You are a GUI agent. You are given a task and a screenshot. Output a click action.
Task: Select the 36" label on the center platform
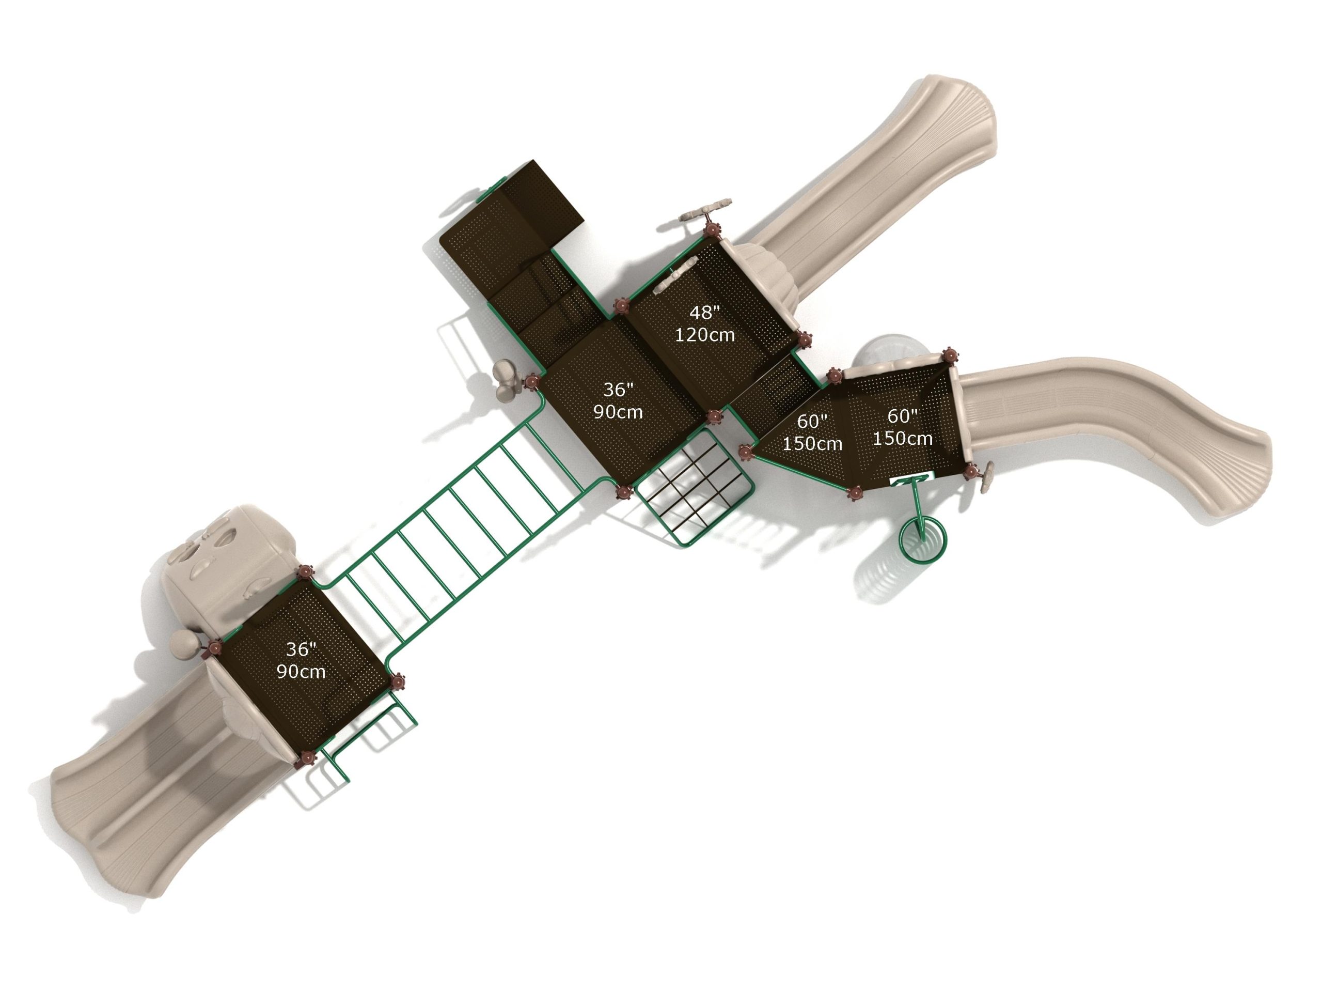coord(618,390)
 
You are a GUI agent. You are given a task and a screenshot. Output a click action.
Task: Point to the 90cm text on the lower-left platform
coord(301,672)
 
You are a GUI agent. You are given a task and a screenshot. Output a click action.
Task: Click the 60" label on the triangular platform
coord(812,421)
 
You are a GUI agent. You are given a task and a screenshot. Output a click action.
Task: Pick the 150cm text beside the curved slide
coord(903,438)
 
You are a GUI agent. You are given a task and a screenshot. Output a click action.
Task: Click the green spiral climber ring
coord(923,540)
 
